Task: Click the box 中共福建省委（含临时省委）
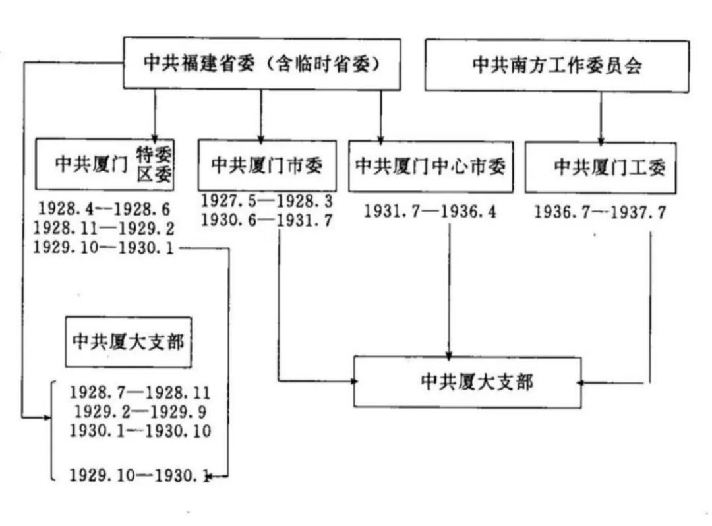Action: click(262, 63)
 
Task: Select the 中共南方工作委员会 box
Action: click(557, 66)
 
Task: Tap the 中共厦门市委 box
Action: click(267, 165)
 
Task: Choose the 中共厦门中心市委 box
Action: click(430, 167)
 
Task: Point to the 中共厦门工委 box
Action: click(601, 167)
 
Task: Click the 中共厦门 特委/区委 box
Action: click(104, 164)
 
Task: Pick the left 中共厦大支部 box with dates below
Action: click(128, 342)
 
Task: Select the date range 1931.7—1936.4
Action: click(430, 212)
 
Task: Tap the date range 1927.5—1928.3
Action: click(267, 200)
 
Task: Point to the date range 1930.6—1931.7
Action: click(267, 219)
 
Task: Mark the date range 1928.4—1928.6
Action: click(104, 209)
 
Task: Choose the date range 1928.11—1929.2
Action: click(104, 228)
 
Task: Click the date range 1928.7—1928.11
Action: click(140, 393)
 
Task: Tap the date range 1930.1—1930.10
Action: click(140, 431)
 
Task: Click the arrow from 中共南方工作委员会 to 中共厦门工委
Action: click(601, 117)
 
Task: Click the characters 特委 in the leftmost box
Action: click(154, 156)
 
